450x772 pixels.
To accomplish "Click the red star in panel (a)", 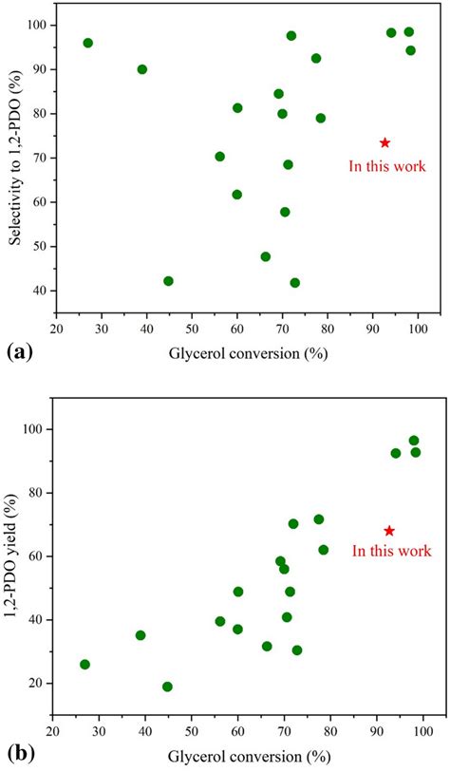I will (384, 143).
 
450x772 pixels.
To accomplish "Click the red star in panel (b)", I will (389, 531).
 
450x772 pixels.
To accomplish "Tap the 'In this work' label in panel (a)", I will (384, 166).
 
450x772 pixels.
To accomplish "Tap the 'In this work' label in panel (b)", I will (391, 551).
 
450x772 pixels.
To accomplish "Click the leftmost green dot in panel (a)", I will (88, 43).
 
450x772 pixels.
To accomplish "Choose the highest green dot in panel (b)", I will (414, 441).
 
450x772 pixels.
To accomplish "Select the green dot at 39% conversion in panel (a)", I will (142, 69).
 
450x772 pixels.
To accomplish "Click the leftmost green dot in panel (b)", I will (84, 665).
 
